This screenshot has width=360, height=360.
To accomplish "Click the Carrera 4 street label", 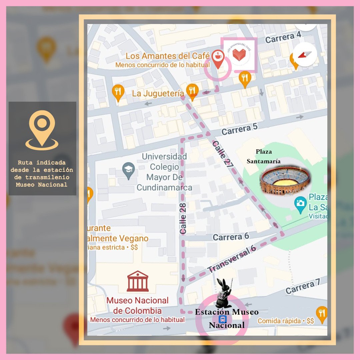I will pos(283,37).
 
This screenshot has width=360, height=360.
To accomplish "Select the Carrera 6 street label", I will pos(231,237).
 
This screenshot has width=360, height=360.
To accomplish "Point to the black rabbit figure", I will pos(223,293).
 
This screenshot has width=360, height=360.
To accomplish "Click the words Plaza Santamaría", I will pos(264,156).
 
